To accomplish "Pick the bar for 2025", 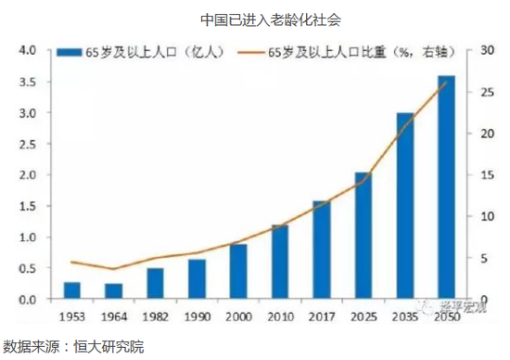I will (x=363, y=236).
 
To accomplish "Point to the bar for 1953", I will (x=71, y=290).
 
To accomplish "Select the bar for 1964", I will (x=113, y=291).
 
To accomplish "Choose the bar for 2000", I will (x=238, y=272).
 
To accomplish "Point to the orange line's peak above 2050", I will (x=446, y=82).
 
